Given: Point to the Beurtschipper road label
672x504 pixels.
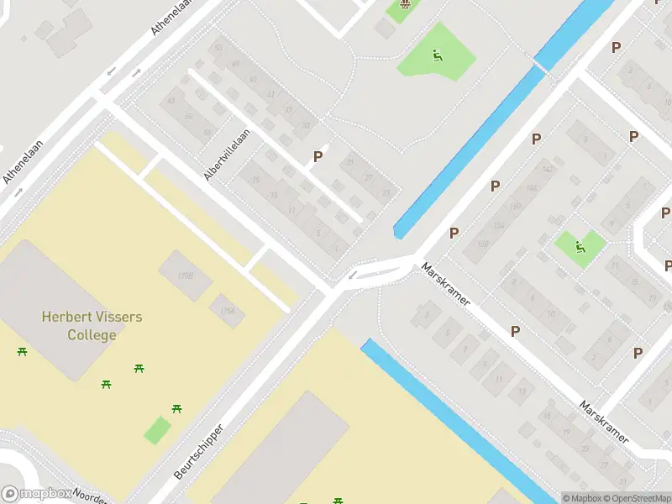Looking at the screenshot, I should pos(199,452).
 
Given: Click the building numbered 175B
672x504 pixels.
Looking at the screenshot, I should pos(186,275).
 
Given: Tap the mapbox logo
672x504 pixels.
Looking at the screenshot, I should pos(35,494).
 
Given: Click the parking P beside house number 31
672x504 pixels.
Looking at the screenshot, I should pos(318,156).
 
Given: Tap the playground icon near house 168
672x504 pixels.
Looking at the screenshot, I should pos(580,247).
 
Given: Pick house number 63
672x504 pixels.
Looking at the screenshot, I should pos(171,102).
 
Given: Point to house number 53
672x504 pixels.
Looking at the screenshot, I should pos(218,48).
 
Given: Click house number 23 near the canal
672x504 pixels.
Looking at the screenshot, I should pos(386,193).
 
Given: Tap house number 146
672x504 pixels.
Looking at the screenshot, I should pos(530,188).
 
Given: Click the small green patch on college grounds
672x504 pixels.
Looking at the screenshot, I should pos(157,430).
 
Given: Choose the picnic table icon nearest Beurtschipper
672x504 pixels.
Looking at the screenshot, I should pos(177,409).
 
